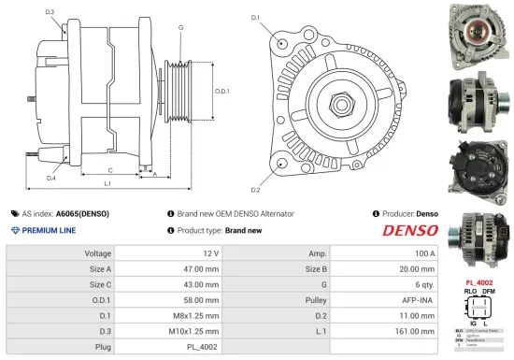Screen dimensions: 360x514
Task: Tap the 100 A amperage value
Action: (x=425, y=253)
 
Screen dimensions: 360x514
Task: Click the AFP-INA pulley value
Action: (x=420, y=301)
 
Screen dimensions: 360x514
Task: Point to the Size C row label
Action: (x=99, y=285)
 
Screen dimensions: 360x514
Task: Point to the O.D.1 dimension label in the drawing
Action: (x=221, y=91)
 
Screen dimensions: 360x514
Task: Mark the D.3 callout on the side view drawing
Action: (x=49, y=12)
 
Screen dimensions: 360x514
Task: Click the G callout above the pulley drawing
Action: (x=179, y=28)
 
